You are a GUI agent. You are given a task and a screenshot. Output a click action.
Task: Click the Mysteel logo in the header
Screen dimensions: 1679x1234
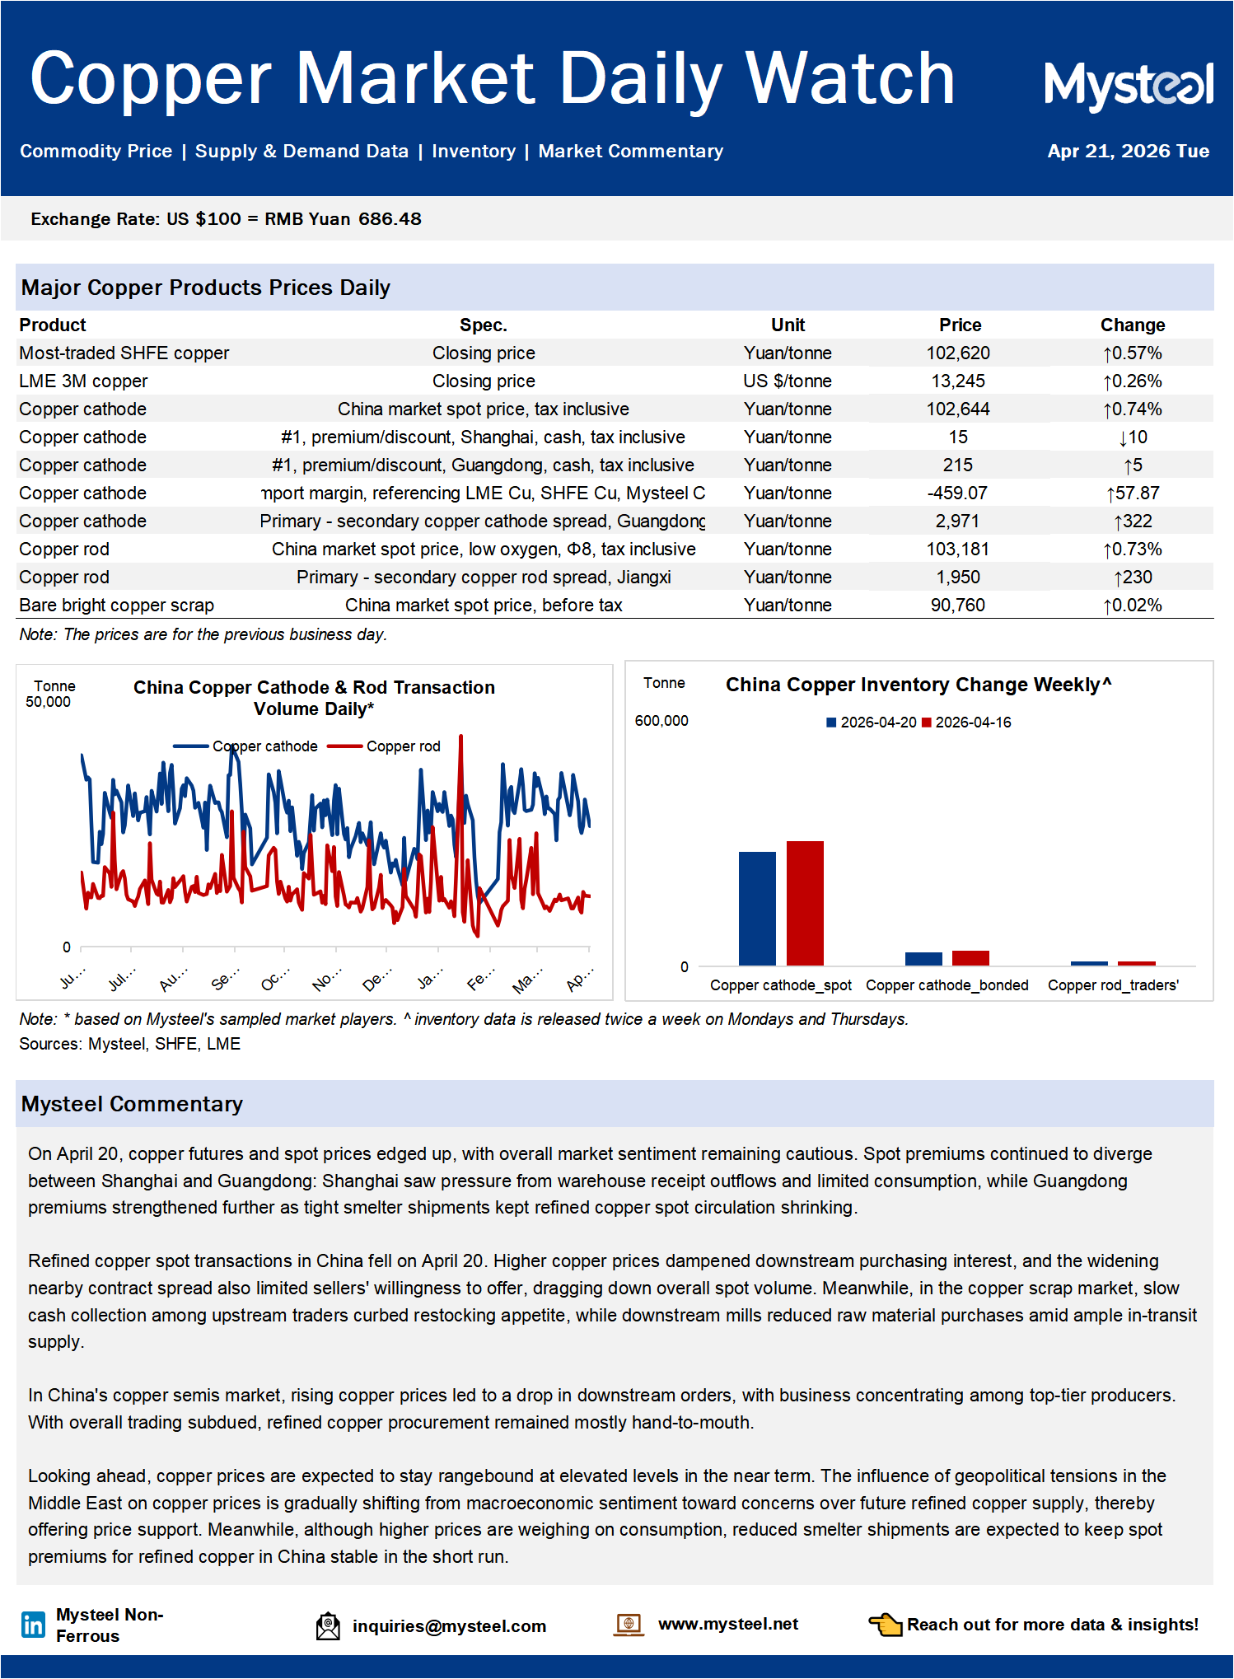pos(1128,85)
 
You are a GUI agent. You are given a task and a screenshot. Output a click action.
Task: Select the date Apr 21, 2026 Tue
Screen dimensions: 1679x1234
pos(1128,152)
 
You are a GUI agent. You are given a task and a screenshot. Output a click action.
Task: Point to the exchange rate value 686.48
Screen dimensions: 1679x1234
pos(390,219)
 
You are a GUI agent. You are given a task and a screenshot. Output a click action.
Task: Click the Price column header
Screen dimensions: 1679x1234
pos(960,325)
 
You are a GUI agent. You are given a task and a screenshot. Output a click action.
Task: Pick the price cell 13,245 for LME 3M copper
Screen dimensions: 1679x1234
pos(958,381)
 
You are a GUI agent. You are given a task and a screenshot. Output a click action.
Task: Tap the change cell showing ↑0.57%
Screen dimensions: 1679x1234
pos(1133,353)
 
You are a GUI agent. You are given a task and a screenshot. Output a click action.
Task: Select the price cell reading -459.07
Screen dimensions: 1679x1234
pos(957,493)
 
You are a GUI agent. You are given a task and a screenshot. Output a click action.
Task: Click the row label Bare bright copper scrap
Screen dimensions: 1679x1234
pos(116,606)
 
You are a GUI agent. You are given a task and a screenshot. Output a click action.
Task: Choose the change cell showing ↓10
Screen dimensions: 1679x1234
pos(1133,437)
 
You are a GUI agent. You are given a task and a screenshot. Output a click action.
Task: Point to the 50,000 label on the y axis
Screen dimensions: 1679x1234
pos(48,702)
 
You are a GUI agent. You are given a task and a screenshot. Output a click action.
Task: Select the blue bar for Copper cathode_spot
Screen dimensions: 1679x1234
pos(757,908)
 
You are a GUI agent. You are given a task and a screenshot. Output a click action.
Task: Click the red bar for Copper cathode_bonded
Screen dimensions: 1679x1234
pos(970,957)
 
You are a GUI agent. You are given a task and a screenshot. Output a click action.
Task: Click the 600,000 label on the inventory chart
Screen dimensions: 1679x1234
pos(661,721)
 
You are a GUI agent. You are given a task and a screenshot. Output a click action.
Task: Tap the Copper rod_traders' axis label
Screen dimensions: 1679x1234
pos(1113,985)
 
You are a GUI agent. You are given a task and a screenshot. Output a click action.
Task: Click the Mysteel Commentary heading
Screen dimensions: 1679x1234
pos(132,1104)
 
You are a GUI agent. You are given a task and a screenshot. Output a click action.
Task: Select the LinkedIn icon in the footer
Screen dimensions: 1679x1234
pos(33,1625)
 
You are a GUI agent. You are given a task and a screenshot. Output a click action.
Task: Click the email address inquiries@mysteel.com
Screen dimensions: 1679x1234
pos(449,1626)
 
